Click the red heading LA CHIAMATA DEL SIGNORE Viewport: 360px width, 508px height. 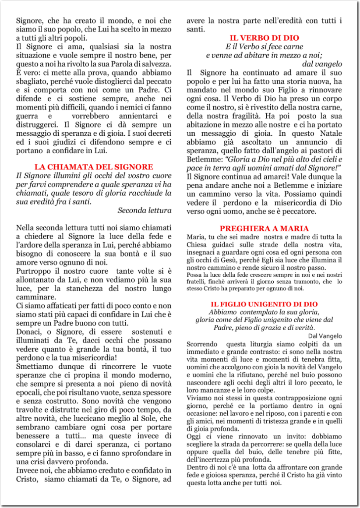(x=94, y=167)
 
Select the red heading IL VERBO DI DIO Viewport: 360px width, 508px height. (x=264, y=38)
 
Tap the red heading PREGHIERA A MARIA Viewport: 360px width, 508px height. (x=264, y=229)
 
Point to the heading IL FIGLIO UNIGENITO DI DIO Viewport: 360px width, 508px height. (x=264, y=304)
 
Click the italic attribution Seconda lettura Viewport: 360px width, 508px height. (x=145, y=210)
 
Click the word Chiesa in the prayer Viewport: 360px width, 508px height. (x=197, y=244)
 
